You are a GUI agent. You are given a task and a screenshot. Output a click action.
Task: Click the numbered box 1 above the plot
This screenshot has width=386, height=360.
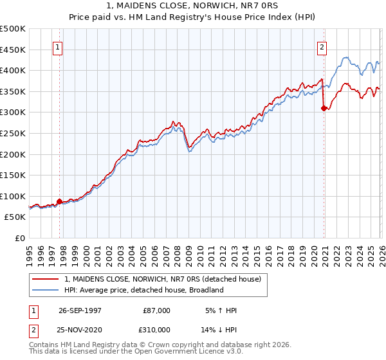click(58, 47)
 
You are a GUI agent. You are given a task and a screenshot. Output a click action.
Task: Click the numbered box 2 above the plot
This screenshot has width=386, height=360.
click(321, 47)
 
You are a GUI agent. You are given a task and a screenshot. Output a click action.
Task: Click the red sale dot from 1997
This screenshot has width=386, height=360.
click(60, 201)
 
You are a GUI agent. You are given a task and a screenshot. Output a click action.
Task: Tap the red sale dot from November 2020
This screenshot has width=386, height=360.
click(324, 108)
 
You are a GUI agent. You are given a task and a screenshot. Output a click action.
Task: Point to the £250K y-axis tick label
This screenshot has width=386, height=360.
click(13, 133)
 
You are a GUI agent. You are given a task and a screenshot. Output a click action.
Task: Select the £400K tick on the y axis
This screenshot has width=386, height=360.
click(13, 70)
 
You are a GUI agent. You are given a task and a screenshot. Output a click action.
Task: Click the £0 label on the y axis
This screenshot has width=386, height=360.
click(20, 238)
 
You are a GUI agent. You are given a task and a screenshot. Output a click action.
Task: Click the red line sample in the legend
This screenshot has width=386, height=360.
click(46, 280)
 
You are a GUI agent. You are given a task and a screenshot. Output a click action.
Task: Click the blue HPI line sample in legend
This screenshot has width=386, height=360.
click(46, 290)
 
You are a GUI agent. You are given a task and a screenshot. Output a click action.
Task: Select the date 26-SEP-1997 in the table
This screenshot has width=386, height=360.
click(80, 310)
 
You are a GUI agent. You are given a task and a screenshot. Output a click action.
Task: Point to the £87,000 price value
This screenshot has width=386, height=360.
click(157, 310)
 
